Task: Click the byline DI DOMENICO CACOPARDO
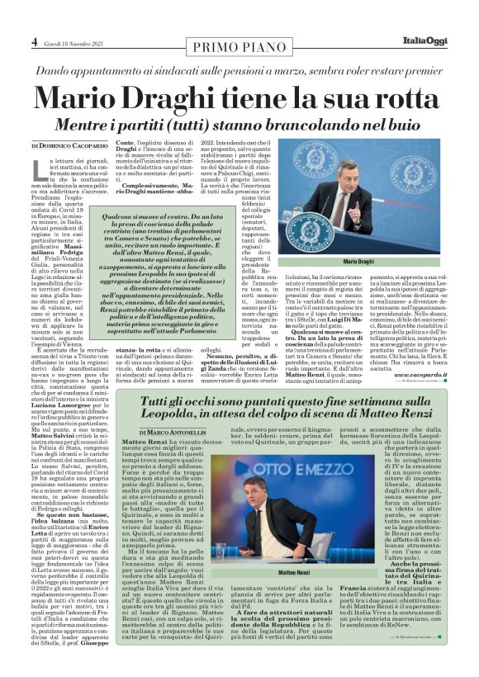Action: tap(70, 144)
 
